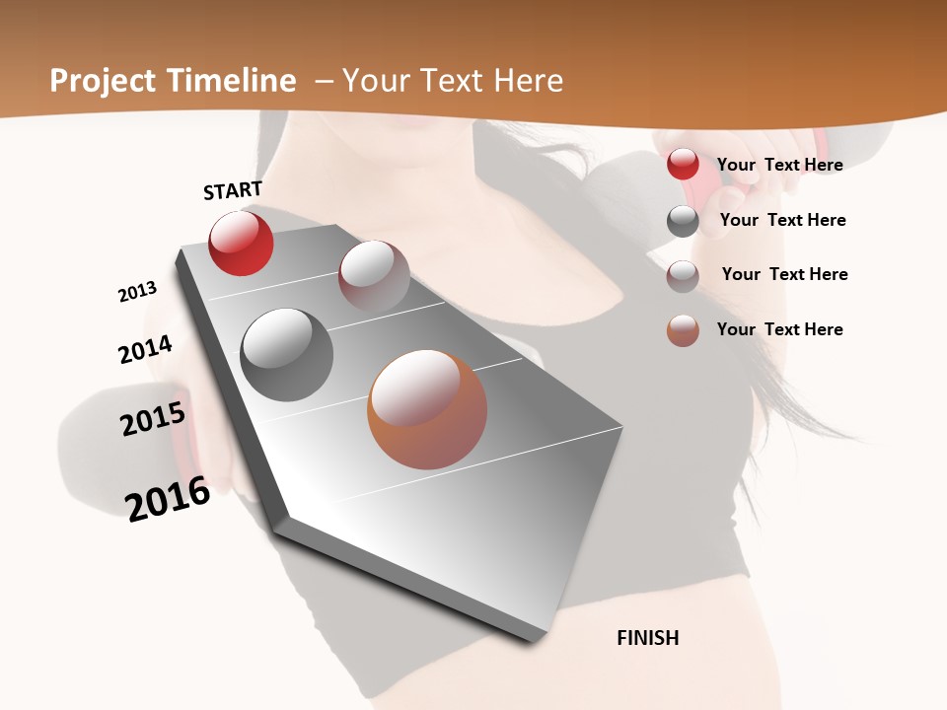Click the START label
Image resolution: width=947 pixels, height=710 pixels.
coord(233,190)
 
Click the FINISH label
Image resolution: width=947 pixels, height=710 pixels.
coord(648,638)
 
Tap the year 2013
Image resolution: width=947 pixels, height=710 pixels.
coord(137,292)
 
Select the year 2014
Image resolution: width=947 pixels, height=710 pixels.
coord(145,349)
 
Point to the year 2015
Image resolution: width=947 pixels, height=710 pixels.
coord(153,419)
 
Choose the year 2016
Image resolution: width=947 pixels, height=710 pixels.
coord(168,498)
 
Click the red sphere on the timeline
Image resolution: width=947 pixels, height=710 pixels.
coord(241,243)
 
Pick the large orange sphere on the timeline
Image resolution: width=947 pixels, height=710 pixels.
coord(427,409)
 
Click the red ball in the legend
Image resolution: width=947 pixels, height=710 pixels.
coord(683,164)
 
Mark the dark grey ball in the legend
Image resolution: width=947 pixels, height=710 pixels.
coord(683,221)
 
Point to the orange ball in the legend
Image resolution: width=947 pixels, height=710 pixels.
coord(683,330)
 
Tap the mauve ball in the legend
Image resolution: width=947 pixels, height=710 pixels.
coord(683,275)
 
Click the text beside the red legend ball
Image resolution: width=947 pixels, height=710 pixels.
coord(779,165)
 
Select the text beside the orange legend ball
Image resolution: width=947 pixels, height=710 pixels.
coord(779,329)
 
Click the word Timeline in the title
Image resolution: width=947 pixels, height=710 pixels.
coord(233,81)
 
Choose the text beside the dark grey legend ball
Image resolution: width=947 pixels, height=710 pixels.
coord(782,220)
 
